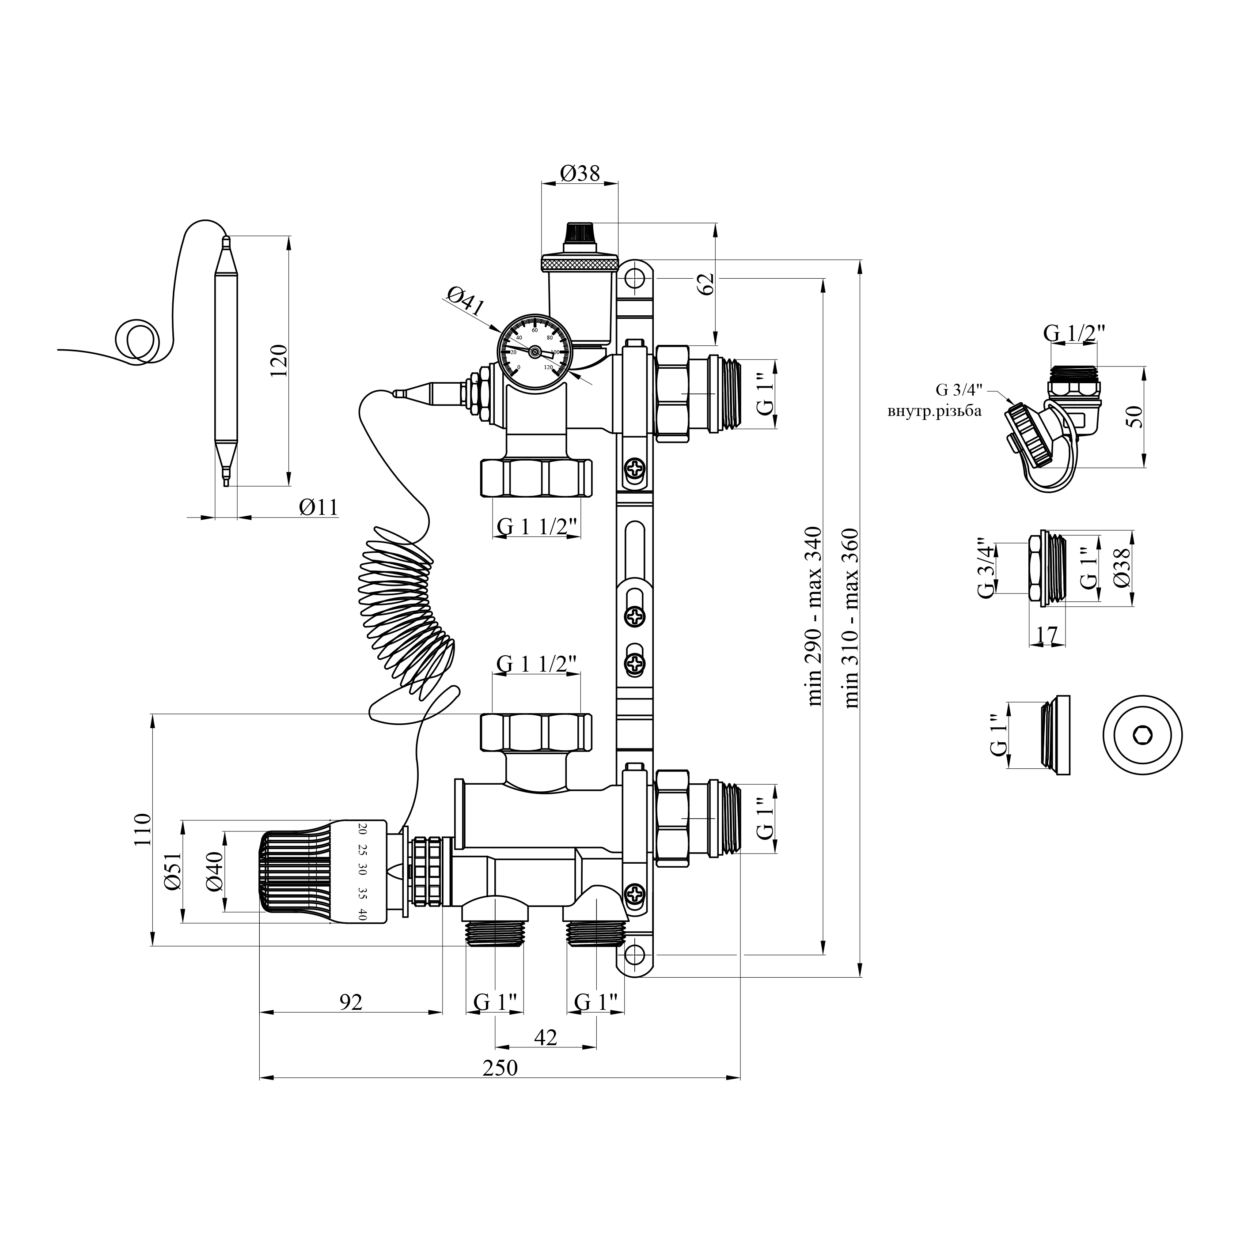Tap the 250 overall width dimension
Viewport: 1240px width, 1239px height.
coord(500,1068)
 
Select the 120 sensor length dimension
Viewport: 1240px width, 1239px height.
coord(279,361)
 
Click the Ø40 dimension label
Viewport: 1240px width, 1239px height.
coord(214,871)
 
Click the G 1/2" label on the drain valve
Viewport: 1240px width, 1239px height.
coord(1074,333)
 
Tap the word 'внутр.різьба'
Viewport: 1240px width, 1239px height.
coord(934,411)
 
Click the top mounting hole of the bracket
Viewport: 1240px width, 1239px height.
coord(634,279)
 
